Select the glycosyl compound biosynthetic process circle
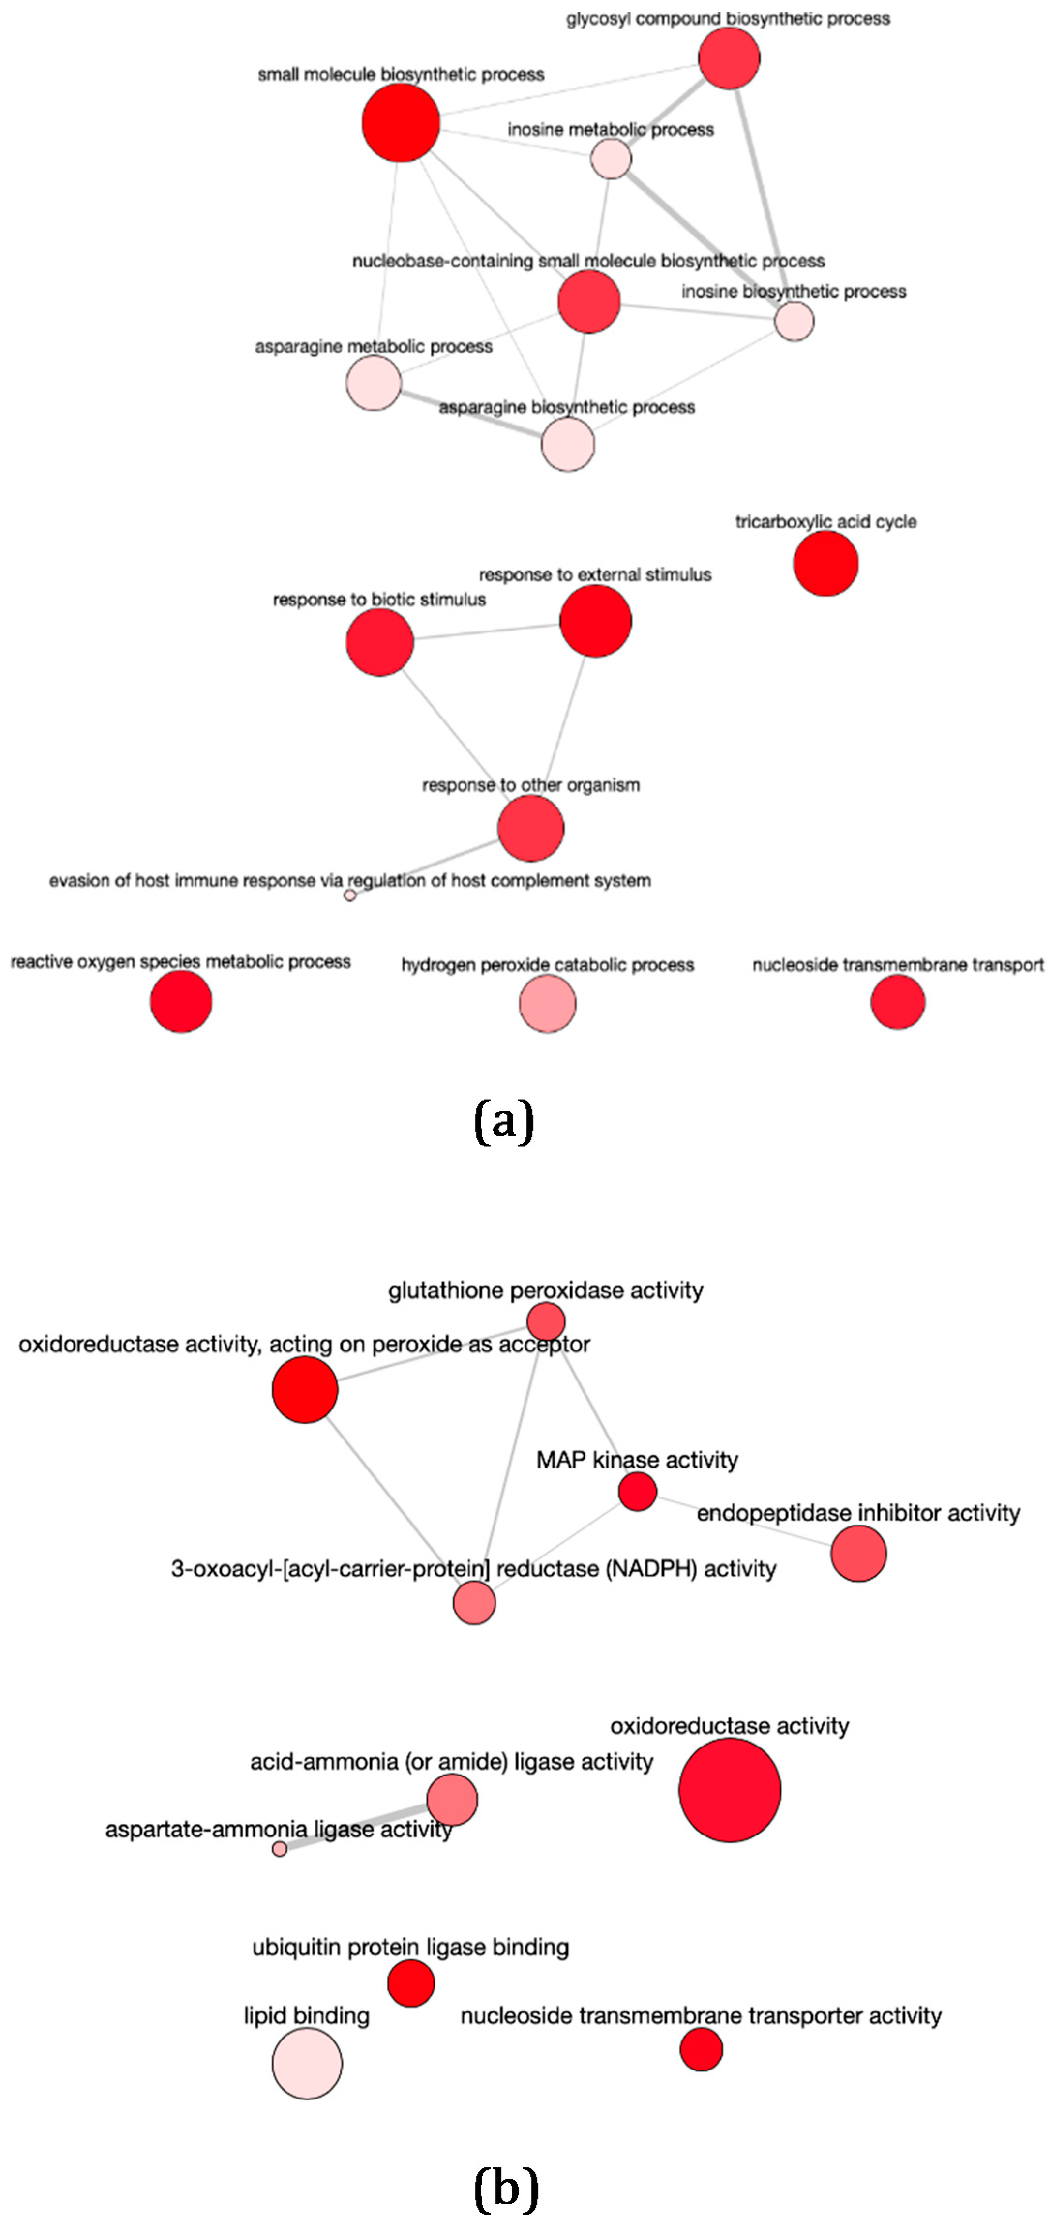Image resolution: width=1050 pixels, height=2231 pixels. coord(729,58)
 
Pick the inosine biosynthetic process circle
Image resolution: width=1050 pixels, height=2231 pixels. coord(794,322)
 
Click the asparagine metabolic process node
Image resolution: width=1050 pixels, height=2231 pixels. coord(374,383)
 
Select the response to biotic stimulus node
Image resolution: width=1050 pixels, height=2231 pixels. coord(379,642)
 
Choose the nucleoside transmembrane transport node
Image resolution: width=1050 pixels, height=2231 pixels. coord(898,1002)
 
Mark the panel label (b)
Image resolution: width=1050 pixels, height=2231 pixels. coord(506,2187)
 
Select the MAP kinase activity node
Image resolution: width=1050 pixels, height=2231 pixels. coord(637,1491)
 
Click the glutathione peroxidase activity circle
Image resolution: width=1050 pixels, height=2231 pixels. coord(546,1321)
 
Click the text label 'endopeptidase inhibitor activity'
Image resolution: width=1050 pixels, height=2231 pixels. coord(858,1513)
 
